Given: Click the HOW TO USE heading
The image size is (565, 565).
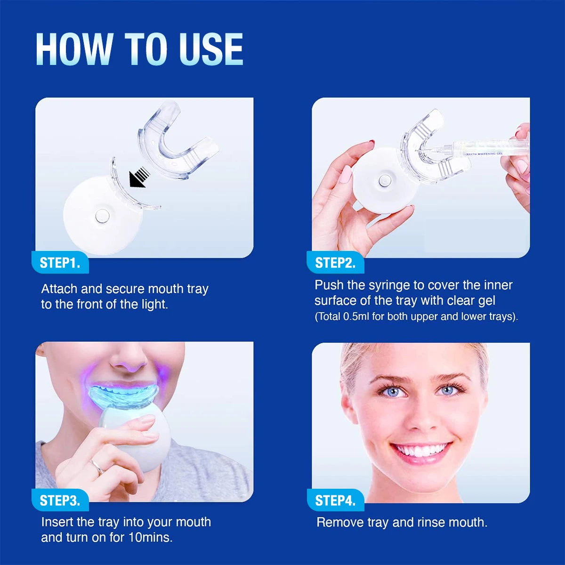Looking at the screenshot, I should pos(139,49).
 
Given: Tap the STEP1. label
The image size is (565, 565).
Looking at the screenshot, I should pos(60,263).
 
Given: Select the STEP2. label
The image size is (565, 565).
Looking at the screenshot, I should pos(335,263).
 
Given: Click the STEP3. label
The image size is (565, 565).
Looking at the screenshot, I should pos(60,500).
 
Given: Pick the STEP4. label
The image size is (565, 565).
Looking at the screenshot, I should pos(335,500).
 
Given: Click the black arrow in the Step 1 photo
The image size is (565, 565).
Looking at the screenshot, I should pos(139,177).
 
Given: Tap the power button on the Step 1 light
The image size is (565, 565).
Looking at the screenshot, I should pos(102,216).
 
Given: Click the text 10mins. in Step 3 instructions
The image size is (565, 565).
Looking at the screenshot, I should pos(150,537).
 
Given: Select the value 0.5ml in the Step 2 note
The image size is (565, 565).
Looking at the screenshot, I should pos(356,316).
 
